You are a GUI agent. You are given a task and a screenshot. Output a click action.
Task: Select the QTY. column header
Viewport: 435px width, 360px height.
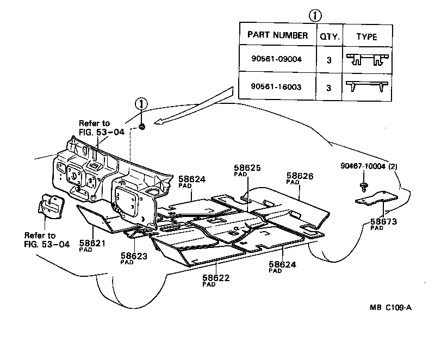[x=329, y=36]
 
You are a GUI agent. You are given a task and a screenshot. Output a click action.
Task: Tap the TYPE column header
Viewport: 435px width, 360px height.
[x=366, y=36]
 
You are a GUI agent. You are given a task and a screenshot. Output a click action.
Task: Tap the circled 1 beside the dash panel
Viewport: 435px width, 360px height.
[x=141, y=104]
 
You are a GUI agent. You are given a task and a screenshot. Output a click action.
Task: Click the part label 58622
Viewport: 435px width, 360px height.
[x=216, y=277]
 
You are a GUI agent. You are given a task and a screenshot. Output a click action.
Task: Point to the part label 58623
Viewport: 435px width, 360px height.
[x=134, y=255]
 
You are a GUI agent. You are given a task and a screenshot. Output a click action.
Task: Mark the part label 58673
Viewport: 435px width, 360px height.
[x=384, y=221]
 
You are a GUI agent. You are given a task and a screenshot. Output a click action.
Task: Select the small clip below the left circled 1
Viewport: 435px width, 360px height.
[x=141, y=126]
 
